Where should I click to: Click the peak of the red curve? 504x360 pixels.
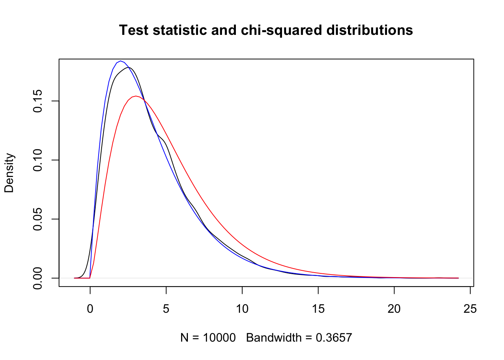[135, 96]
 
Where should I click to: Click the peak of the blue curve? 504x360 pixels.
[120, 61]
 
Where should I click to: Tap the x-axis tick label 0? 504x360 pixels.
[90, 309]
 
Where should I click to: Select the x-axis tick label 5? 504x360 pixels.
[166, 309]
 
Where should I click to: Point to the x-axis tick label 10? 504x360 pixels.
[242, 309]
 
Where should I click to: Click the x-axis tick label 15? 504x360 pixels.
[318, 309]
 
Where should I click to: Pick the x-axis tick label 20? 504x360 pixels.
[394, 309]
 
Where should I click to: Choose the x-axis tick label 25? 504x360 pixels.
[470, 309]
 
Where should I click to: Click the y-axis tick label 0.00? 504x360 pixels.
[38, 278]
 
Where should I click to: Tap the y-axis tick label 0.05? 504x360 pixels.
[38, 219]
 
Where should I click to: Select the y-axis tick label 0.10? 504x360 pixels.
[38, 160]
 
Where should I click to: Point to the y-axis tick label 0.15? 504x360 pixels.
[38, 101]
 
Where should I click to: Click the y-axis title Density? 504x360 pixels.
[9, 173]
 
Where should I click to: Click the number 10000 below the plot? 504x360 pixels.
[219, 338]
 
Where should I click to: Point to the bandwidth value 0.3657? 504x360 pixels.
[334, 338]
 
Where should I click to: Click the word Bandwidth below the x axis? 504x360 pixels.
[274, 338]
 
